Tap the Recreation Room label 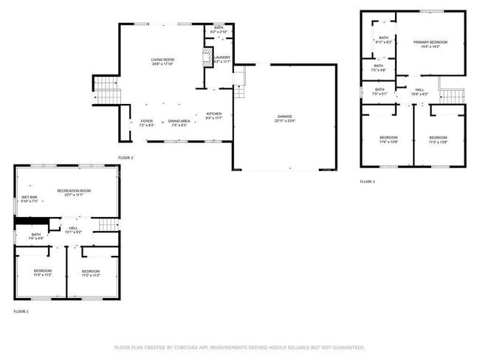click(x=74, y=193)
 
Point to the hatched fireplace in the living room click(x=207, y=59)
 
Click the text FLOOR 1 click(x=21, y=312)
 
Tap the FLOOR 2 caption click(x=126, y=158)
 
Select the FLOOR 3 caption click(x=367, y=181)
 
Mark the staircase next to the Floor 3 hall click(x=452, y=96)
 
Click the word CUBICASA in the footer click(x=187, y=347)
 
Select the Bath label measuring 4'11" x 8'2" click(x=383, y=40)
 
